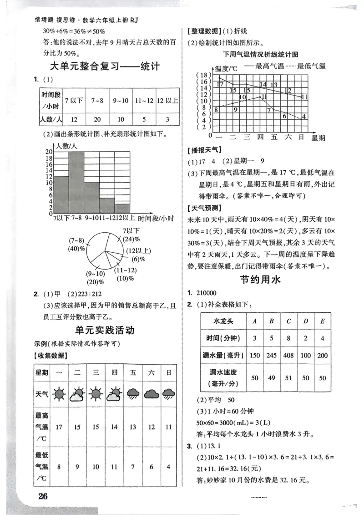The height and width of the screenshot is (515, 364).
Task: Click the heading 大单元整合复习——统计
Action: tap(104, 67)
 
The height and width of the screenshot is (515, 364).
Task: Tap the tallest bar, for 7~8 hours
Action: tap(76, 182)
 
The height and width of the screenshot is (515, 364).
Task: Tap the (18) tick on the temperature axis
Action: tap(202, 75)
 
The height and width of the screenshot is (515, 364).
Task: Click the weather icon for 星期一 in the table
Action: tap(59, 393)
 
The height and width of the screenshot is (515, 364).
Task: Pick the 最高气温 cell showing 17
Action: tap(59, 427)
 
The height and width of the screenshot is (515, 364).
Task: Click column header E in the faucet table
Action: tap(322, 321)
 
